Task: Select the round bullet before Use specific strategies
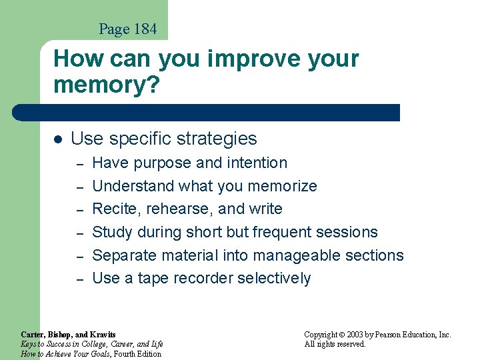(57, 139)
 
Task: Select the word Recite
(112, 209)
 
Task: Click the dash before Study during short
(78, 233)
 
